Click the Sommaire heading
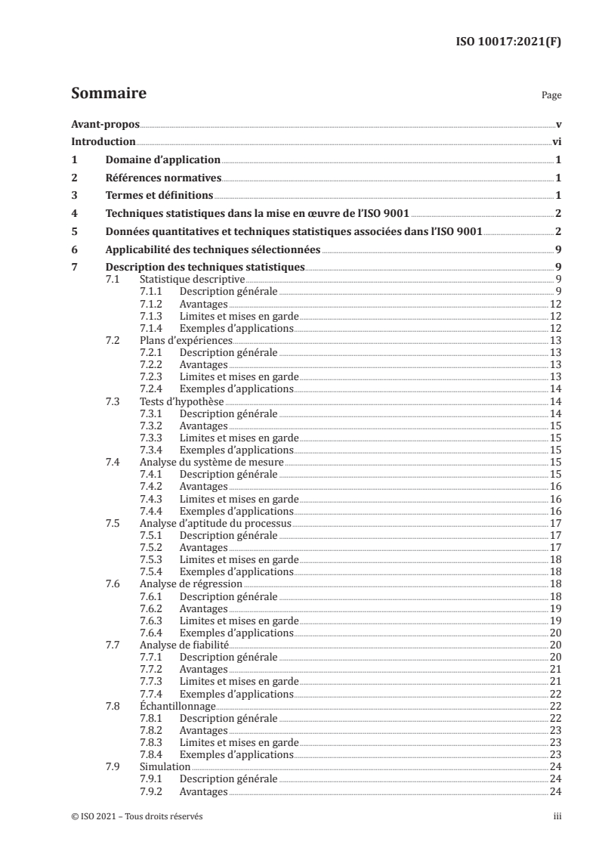tap(108, 94)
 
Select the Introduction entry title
tap(103, 141)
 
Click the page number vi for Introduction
tap(556, 141)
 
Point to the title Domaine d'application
tap(162, 159)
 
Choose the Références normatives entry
tap(163, 178)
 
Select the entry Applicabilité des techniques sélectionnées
tap(213, 249)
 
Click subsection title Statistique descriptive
tap(183, 280)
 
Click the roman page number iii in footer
tap(557, 817)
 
